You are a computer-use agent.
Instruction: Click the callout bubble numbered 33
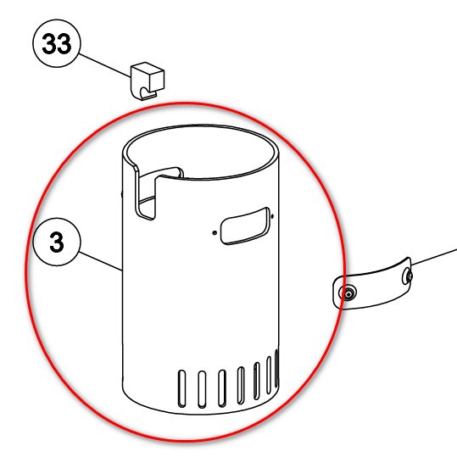[56, 43]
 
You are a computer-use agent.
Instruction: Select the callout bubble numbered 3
[57, 242]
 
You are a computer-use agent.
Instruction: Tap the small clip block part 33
[148, 81]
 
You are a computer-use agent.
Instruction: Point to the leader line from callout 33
[104, 65]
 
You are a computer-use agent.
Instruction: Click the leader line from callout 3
[101, 261]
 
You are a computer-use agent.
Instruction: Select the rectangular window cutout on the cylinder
[245, 226]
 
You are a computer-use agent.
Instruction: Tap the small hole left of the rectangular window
[215, 232]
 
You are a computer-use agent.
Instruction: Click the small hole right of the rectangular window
[272, 216]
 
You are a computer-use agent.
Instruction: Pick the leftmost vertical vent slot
[181, 388]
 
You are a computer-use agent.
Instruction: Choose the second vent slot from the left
[202, 389]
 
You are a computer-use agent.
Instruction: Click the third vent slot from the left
[222, 388]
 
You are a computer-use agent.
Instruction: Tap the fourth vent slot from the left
[241, 385]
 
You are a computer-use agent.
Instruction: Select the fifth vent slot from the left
[257, 381]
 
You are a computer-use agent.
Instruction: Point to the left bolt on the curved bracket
[348, 293]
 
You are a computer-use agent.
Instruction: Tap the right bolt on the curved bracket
[408, 276]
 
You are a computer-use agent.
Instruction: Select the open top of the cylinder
[200, 152]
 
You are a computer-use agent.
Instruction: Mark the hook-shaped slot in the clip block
[148, 92]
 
